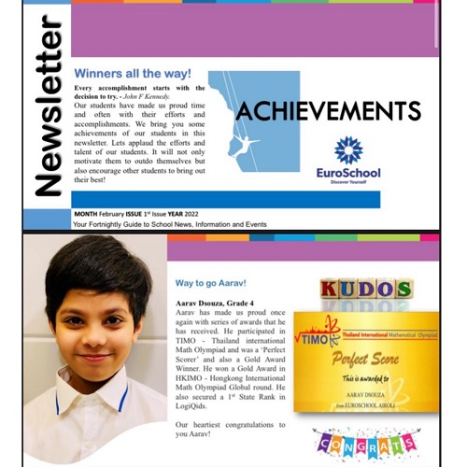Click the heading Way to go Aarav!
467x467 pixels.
(214, 282)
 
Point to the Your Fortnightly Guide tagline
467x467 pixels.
(150, 225)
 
